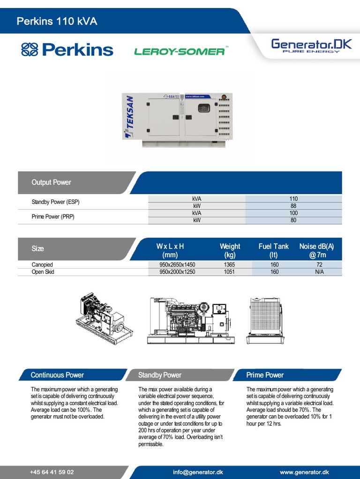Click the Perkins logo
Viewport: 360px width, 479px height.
[x=67, y=50]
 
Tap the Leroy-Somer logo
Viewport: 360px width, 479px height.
[x=180, y=51]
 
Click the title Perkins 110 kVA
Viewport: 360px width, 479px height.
[x=57, y=21]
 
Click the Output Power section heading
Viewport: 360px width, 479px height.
[x=51, y=182]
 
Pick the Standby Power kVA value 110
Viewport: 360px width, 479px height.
[x=293, y=199]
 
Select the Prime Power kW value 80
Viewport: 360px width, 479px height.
[x=293, y=220]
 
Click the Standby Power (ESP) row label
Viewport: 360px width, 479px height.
[x=55, y=202]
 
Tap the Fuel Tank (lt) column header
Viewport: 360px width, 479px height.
[x=274, y=250]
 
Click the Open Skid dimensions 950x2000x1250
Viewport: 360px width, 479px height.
[x=177, y=272]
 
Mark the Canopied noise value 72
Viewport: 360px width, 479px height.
[x=319, y=265]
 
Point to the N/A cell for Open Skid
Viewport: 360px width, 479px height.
[x=319, y=272]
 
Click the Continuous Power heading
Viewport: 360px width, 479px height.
[x=57, y=375]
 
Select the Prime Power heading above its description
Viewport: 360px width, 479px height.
[x=265, y=375]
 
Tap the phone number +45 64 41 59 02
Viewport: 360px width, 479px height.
[x=52, y=472]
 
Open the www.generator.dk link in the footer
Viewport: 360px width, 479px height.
[x=304, y=472]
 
